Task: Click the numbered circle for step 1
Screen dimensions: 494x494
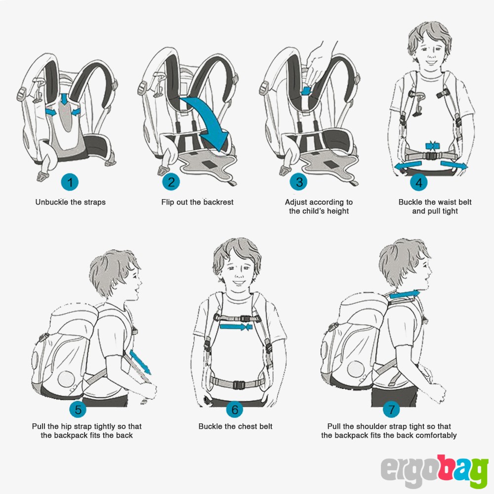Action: [x=70, y=182]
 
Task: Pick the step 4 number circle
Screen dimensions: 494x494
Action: [x=419, y=182]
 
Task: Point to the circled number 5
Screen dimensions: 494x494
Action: [x=78, y=409]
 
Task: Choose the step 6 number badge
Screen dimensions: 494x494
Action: [x=235, y=409]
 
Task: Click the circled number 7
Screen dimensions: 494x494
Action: [x=391, y=409]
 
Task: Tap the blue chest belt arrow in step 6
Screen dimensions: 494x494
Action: [x=236, y=327]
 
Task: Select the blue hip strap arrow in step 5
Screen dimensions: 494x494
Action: [x=140, y=362]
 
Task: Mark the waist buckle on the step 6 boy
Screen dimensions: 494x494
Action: [x=239, y=384]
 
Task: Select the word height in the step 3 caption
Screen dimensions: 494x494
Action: [x=338, y=211]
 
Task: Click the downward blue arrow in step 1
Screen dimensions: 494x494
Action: [x=64, y=99]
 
